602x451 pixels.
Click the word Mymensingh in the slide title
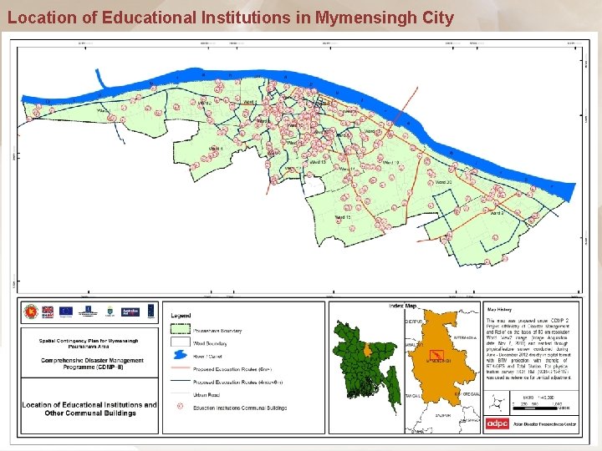click(x=358, y=18)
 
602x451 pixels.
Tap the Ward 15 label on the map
click(x=343, y=217)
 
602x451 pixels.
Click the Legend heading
click(x=181, y=316)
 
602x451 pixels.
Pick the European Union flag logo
click(x=66, y=311)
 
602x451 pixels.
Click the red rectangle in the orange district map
click(x=436, y=358)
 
